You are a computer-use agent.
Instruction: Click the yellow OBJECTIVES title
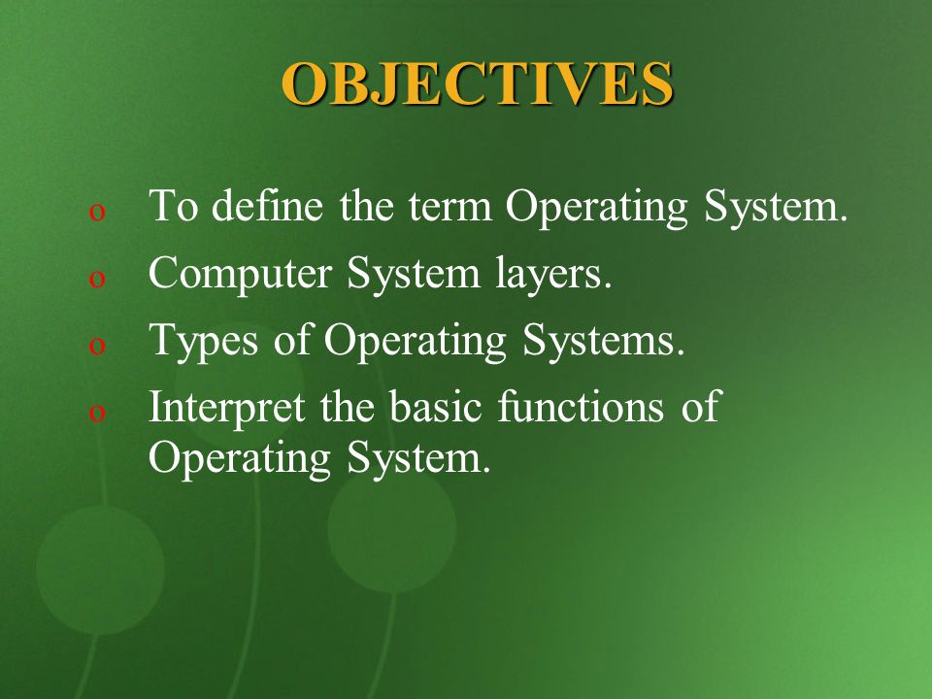478,83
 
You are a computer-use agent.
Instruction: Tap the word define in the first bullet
268,205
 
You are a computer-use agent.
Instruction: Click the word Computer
240,274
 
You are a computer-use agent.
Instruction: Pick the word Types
203,341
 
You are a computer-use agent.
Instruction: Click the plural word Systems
604,341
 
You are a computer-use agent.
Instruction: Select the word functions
581,407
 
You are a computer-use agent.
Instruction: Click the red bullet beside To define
97,213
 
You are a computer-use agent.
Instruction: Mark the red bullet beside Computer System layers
97,279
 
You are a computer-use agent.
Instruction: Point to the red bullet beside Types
97,346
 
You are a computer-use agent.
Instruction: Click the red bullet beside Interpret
97,412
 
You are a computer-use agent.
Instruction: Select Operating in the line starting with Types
415,341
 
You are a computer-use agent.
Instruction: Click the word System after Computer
414,274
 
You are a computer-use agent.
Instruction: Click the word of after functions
701,407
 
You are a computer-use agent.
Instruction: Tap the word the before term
366,205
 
